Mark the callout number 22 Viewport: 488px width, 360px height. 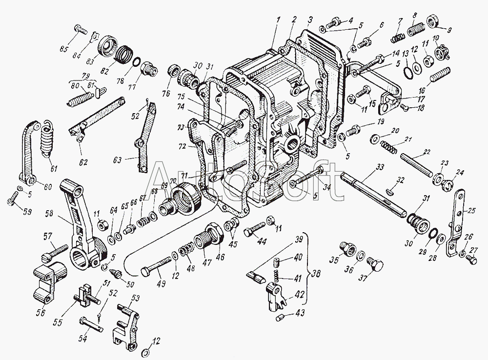427,153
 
